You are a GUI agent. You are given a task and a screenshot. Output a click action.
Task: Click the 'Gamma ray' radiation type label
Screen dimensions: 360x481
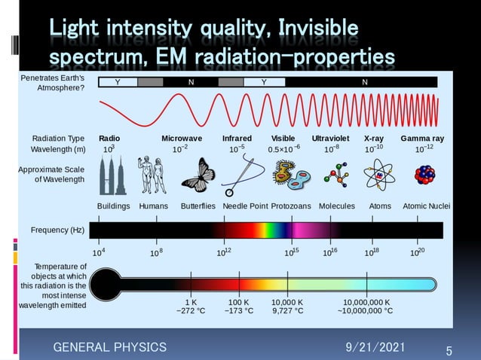(422, 139)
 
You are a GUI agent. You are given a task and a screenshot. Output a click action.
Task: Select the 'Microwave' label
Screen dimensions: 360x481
(182, 139)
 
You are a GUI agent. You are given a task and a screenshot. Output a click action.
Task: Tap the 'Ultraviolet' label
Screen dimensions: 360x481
(330, 139)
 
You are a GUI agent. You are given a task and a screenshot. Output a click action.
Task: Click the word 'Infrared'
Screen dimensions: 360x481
(237, 139)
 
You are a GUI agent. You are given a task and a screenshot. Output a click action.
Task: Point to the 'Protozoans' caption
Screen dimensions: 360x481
(292, 206)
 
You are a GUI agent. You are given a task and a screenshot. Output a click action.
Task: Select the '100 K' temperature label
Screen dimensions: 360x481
(239, 301)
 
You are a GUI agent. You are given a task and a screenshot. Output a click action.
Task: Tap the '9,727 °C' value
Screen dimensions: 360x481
(288, 310)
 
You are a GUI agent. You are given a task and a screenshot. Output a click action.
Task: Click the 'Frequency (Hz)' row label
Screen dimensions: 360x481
(57, 229)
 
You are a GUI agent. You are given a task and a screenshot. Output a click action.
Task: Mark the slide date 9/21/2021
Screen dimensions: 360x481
(375, 346)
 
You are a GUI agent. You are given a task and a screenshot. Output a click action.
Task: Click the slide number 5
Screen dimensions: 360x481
(449, 350)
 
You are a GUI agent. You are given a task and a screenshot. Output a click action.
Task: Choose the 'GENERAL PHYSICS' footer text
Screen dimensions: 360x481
(109, 346)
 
